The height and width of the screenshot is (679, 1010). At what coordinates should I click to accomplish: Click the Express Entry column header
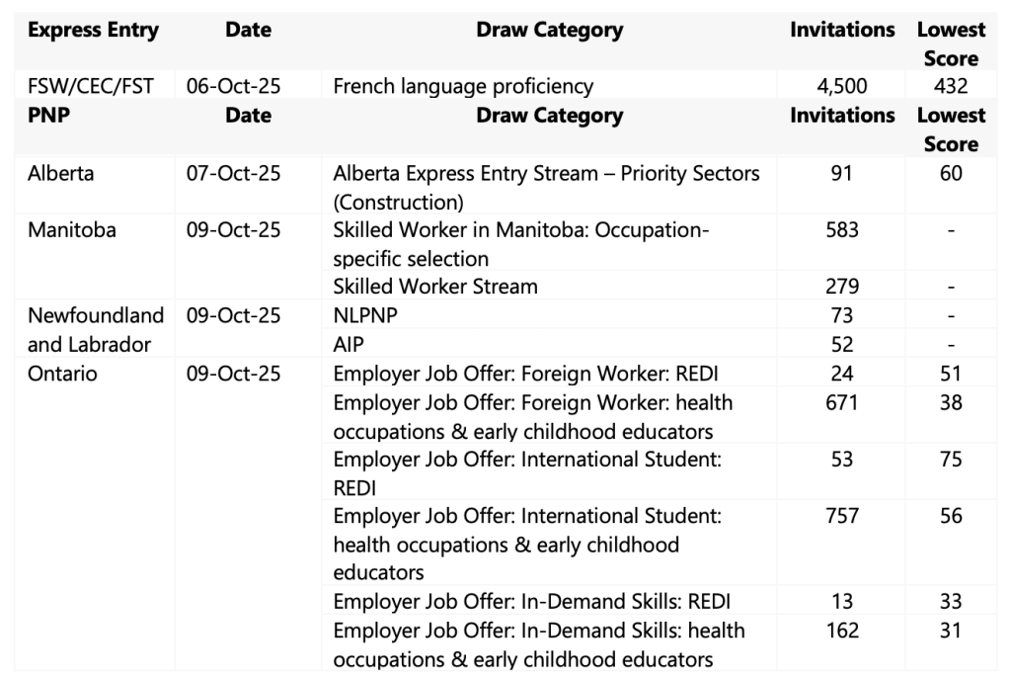coord(93,31)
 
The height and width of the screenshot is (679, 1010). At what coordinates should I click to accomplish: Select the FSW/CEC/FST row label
coord(91,86)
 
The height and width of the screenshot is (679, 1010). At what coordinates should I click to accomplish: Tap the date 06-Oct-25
coord(233,86)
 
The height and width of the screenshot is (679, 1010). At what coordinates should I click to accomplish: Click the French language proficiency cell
coord(463,86)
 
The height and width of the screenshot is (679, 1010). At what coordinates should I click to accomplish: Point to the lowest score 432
coord(950,86)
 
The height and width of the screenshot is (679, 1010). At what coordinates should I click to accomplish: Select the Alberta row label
coord(61,174)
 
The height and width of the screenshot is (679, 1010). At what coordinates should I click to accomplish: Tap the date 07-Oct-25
coord(233,174)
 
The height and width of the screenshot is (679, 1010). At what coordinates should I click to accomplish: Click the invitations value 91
coord(842,174)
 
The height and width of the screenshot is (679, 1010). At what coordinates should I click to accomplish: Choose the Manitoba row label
coord(71,230)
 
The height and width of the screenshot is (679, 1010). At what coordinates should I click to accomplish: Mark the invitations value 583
coord(842,230)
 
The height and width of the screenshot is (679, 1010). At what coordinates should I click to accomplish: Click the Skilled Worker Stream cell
coord(435,287)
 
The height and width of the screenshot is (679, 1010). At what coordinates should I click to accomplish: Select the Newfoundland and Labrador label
coord(95,330)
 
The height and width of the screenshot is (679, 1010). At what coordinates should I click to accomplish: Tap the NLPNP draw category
coord(364,316)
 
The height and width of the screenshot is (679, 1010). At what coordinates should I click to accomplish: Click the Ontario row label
coord(62,374)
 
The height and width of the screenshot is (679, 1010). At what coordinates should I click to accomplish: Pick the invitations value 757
coord(842,516)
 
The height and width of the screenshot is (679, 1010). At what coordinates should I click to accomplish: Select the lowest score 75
coord(950,460)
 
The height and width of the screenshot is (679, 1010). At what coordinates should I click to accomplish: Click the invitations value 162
coord(842,631)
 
